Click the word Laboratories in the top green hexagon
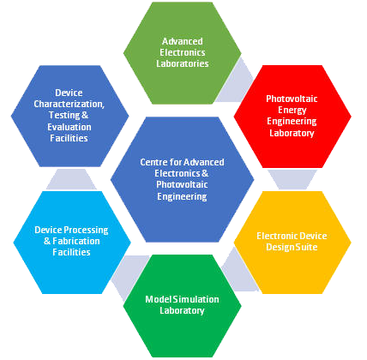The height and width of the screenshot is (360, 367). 183,63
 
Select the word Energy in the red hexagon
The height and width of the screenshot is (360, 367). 292,110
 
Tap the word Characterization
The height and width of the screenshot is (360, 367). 69,104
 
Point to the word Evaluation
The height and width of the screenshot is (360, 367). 69,127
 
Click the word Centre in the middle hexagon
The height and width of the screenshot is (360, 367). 153,162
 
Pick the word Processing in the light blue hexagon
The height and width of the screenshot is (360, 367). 86,231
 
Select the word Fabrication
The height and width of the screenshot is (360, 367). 76,241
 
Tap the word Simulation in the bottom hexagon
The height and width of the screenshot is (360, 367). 196,299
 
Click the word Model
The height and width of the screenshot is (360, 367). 159,299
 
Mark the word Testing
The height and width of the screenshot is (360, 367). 64,115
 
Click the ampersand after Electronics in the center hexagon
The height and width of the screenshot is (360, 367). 205,173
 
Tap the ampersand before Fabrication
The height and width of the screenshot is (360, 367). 47,241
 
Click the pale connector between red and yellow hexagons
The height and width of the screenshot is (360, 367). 292,179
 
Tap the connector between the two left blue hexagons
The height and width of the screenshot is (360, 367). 71,179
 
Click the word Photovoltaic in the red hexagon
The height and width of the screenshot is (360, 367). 292,99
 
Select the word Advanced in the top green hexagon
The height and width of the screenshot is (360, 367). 183,41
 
